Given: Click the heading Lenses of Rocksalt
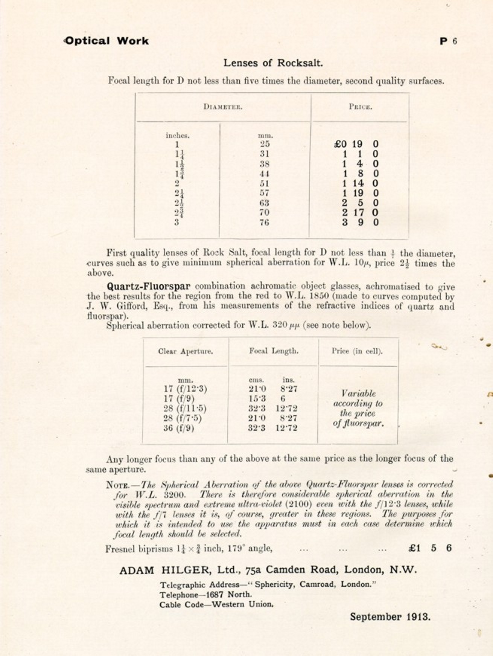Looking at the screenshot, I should coord(273,63).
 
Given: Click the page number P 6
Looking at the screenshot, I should coord(448,41).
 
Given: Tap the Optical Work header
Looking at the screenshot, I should coord(107,41).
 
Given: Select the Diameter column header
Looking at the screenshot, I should coord(223,107).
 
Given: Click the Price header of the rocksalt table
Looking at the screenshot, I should coord(360,107).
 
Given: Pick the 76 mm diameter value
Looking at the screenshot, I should coord(264,223).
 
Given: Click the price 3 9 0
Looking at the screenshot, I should coord(360,223).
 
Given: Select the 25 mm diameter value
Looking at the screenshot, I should coord(265,144).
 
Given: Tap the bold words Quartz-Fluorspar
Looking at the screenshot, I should coord(149,286).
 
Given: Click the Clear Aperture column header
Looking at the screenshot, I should coord(186,351).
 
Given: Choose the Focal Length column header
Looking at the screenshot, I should coord(274,351).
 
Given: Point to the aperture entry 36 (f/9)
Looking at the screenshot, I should coord(179,428).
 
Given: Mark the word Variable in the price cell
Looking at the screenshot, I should coord(359,394).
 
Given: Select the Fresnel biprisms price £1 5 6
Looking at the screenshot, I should coord(430,548).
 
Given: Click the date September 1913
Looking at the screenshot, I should coord(390,617).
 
